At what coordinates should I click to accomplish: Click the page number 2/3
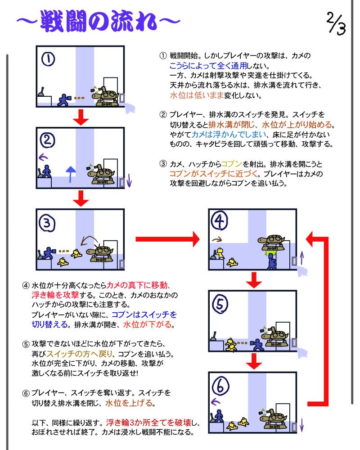(x=336, y=23)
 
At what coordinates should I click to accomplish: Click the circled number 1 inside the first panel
(x=48, y=59)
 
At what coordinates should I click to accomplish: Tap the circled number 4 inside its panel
(x=219, y=221)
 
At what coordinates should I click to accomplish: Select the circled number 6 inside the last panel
(x=220, y=386)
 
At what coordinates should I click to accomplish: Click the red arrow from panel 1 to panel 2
(x=81, y=117)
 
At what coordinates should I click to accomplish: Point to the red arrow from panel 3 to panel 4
(x=168, y=239)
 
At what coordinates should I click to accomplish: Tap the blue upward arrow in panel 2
(x=71, y=174)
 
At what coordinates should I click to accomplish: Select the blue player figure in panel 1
(x=64, y=100)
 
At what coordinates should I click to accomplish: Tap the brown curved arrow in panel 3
(x=89, y=240)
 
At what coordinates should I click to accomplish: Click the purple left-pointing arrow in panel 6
(x=216, y=401)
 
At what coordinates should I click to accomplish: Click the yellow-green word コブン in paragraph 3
(x=232, y=164)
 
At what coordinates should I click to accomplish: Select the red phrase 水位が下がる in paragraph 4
(x=147, y=324)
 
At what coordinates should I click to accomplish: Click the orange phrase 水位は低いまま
(x=197, y=95)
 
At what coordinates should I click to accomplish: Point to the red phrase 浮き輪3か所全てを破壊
(x=148, y=423)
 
